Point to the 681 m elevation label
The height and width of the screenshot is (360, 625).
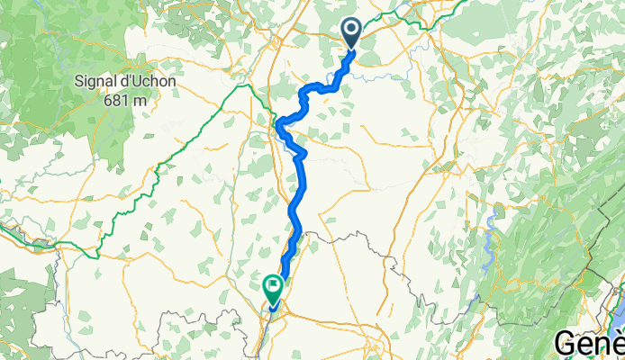coord(123,99)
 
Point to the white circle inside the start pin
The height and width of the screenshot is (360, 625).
coord(351,31)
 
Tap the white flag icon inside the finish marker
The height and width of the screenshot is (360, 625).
coord(272,285)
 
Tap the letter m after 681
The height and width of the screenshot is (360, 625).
coord(138,99)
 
